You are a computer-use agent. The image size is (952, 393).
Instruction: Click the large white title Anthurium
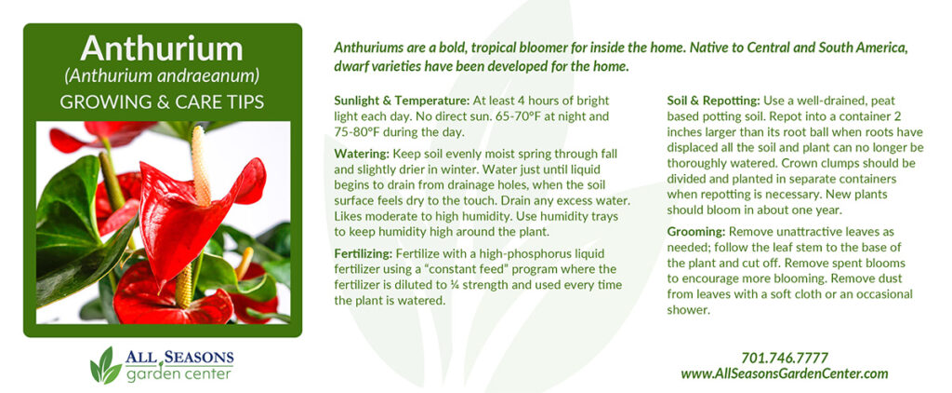(x=162, y=48)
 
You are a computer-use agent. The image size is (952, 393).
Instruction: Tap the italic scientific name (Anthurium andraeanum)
(x=162, y=76)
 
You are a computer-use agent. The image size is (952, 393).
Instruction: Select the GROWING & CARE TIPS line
(x=162, y=102)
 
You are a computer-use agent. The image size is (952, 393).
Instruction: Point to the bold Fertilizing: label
(x=364, y=253)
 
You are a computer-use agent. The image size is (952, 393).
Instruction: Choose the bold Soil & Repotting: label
(x=713, y=101)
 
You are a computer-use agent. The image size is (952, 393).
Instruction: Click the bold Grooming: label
(x=696, y=232)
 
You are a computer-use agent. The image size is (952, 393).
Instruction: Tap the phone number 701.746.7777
(x=785, y=358)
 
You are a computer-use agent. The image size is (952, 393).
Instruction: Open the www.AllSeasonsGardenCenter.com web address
(x=785, y=373)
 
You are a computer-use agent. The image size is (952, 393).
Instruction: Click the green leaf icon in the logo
(x=106, y=364)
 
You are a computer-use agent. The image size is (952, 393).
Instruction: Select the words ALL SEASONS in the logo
(x=179, y=357)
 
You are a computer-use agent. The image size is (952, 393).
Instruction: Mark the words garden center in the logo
(x=179, y=373)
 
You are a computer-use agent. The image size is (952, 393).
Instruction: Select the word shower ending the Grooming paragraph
(x=689, y=310)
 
